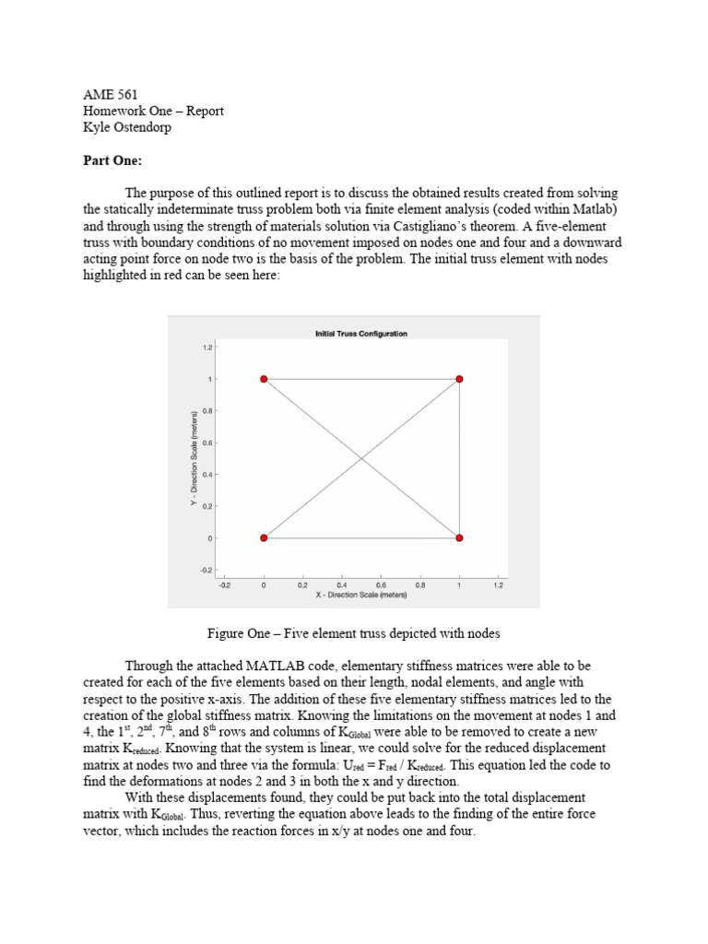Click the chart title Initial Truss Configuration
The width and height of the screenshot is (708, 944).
pos(360,334)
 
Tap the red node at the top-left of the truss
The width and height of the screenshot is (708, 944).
pos(264,379)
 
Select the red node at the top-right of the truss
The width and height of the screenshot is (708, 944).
pos(459,379)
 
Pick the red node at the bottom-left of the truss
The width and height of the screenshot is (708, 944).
pos(264,537)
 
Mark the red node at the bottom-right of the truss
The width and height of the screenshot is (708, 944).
pos(459,537)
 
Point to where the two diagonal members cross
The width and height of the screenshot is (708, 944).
pos(361,458)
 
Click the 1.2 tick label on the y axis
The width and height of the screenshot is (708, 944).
pos(208,348)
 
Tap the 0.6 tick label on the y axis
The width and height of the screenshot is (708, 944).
pos(208,442)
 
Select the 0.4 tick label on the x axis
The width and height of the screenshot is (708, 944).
pos(342,584)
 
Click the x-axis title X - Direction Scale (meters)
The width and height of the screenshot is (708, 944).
pos(360,595)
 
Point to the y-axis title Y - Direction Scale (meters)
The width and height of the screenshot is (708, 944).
pos(194,458)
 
